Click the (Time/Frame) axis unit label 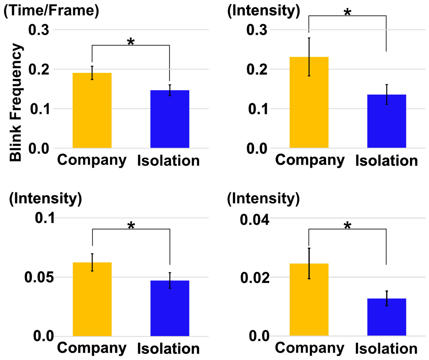point(51,11)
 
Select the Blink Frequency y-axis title point(16,102)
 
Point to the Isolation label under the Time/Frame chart point(168,161)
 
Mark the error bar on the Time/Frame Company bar point(92,73)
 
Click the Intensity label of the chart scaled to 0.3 point(263,11)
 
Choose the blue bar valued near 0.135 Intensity point(386,121)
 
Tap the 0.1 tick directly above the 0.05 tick point(45,218)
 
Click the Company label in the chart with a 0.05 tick point(92,348)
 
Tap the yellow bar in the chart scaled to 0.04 point(309,299)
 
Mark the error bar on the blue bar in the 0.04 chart point(386,298)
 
